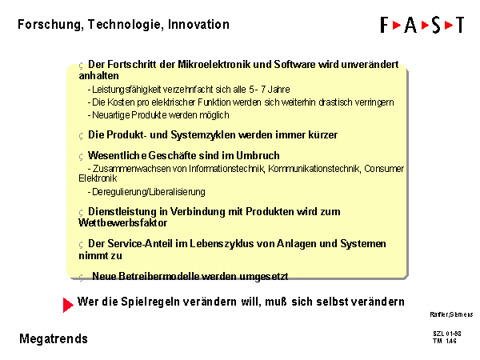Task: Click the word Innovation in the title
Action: tap(198, 24)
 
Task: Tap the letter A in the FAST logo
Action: tap(410, 25)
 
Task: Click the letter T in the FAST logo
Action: tap(459, 25)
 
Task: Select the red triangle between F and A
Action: tap(397, 25)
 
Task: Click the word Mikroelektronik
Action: tap(215, 65)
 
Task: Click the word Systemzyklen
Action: tap(203, 135)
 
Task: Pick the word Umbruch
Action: tap(258, 155)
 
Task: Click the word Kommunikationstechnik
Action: tap(314, 169)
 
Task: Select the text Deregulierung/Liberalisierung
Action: tap(149, 192)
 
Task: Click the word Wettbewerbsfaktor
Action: tap(122, 223)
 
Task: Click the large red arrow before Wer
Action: tap(68, 305)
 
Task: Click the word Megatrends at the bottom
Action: tap(54, 339)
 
